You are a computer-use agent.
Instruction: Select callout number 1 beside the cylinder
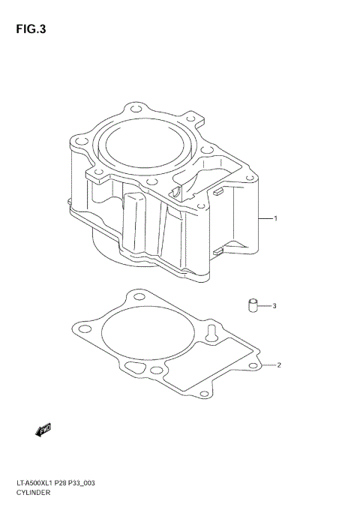coord(276,219)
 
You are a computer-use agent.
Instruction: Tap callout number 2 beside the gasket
coord(279,366)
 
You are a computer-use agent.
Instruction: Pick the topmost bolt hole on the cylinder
coord(134,109)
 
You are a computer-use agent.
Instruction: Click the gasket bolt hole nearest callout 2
coord(253,365)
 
